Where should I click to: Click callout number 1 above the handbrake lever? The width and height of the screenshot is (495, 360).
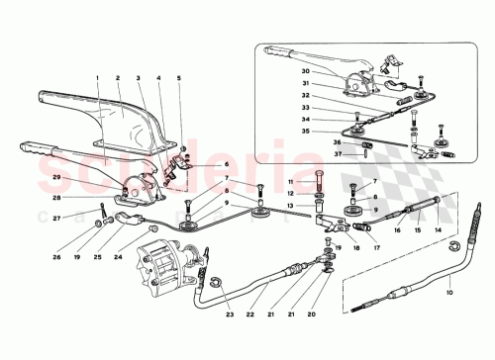pyautogui.click(x=98, y=77)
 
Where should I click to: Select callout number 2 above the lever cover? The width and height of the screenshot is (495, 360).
pyautogui.click(x=117, y=77)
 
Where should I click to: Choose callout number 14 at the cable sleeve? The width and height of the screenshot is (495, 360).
pyautogui.click(x=437, y=230)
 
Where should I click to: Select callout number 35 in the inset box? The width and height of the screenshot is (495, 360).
pyautogui.click(x=336, y=131)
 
